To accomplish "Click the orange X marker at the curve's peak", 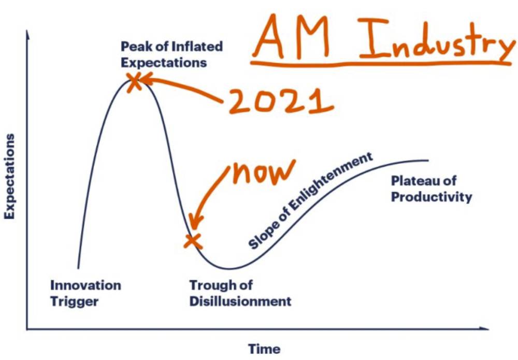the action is pyautogui.click(x=134, y=81).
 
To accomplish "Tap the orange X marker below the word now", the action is pyautogui.click(x=193, y=241).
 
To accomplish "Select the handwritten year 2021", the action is pyautogui.click(x=280, y=100).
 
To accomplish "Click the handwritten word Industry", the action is pyautogui.click(x=437, y=40).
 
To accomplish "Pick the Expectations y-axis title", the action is pyautogui.click(x=9, y=176).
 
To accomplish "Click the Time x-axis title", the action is pyautogui.click(x=264, y=349).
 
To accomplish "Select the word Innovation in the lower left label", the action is pyautogui.click(x=85, y=285).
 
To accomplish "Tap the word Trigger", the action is pyautogui.click(x=74, y=302).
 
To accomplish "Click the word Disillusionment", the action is pyautogui.click(x=240, y=301).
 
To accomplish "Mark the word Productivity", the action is pyautogui.click(x=431, y=197).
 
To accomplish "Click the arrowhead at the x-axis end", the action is pyautogui.click(x=484, y=328).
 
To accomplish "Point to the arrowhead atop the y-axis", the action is pyautogui.click(x=28, y=34).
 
